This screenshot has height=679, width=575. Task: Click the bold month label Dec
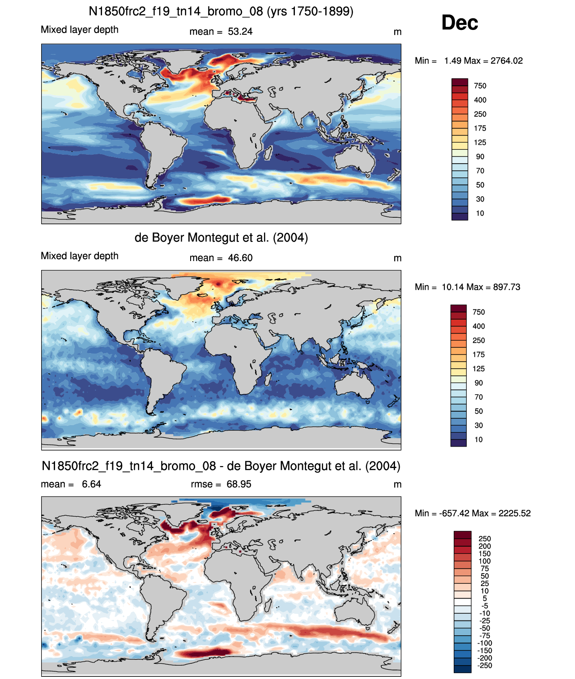coord(459,23)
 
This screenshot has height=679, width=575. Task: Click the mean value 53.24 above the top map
coord(240,32)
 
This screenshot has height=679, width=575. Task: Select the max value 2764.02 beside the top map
coord(506,61)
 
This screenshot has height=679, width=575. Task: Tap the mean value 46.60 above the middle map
coord(240,258)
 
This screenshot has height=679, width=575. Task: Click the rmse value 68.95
coord(239,484)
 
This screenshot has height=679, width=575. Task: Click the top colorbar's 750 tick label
coord(480,86)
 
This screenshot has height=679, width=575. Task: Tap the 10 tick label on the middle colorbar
coord(478,440)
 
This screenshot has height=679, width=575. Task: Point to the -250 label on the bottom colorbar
coord(485,666)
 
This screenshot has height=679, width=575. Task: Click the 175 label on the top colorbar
coord(480,128)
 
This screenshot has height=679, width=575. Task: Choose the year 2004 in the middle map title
coord(290,238)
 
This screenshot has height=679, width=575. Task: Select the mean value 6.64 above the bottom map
coord(91,484)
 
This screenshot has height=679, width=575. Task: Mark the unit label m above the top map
coord(397,32)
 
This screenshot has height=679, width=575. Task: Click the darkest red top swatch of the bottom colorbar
coord(462,535)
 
